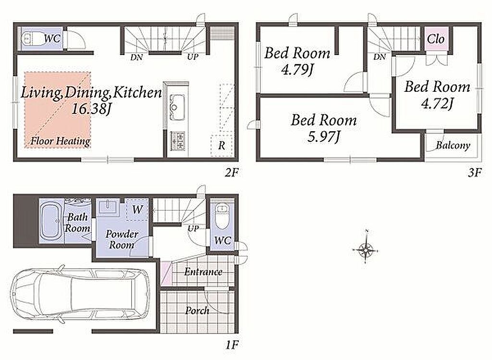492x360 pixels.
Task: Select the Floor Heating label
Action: click(60, 141)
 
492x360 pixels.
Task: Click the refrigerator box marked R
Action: click(222, 145)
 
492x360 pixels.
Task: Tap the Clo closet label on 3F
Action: click(436, 39)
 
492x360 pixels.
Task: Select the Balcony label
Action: click(453, 146)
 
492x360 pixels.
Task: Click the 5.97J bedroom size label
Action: click(323, 137)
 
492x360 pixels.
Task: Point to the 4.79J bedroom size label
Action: click(297, 70)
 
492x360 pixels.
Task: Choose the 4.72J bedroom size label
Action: click(437, 103)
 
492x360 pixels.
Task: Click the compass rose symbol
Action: click(365, 249)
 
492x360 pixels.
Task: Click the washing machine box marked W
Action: click(136, 210)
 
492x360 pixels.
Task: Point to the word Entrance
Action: click(203, 272)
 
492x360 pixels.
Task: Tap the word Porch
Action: click(197, 310)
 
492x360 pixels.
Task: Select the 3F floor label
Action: click(474, 173)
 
